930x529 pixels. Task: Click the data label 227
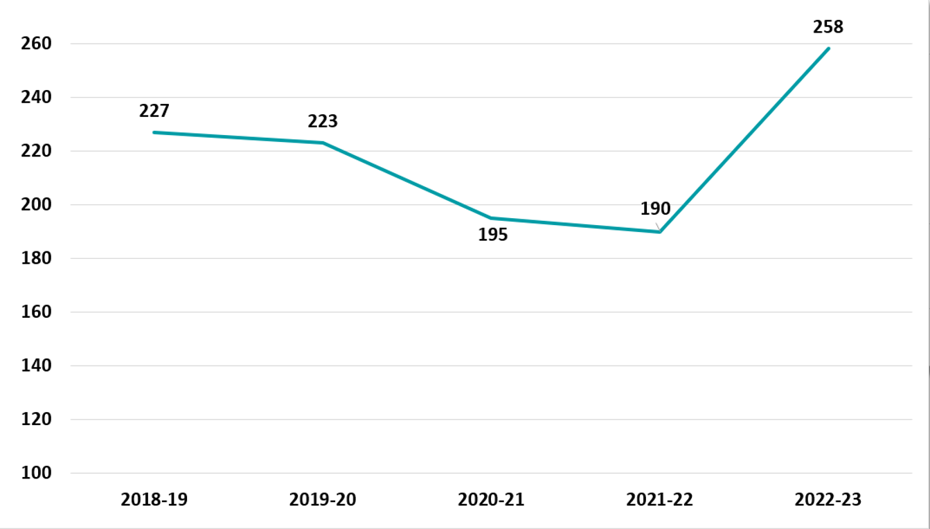154,111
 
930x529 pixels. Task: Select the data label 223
323,122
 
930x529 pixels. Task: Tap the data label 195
492,235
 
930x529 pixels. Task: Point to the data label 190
655,209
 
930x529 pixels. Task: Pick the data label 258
828,28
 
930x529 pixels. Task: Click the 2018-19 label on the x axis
154,499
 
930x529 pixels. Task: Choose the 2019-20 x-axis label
323,499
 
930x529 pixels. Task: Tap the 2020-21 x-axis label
491,499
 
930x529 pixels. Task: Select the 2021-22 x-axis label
660,499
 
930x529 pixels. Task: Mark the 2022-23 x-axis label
828,499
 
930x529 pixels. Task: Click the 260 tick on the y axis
37,44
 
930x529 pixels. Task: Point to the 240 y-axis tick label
37,98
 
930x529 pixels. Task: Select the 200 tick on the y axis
37,205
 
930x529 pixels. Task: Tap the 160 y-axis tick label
37,312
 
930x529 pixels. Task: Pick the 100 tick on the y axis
37,473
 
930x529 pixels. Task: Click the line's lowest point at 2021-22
660,231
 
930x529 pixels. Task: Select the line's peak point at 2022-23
828,48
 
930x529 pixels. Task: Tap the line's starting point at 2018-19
154,132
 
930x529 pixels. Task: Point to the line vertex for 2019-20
323,143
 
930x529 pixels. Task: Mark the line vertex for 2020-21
491,218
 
